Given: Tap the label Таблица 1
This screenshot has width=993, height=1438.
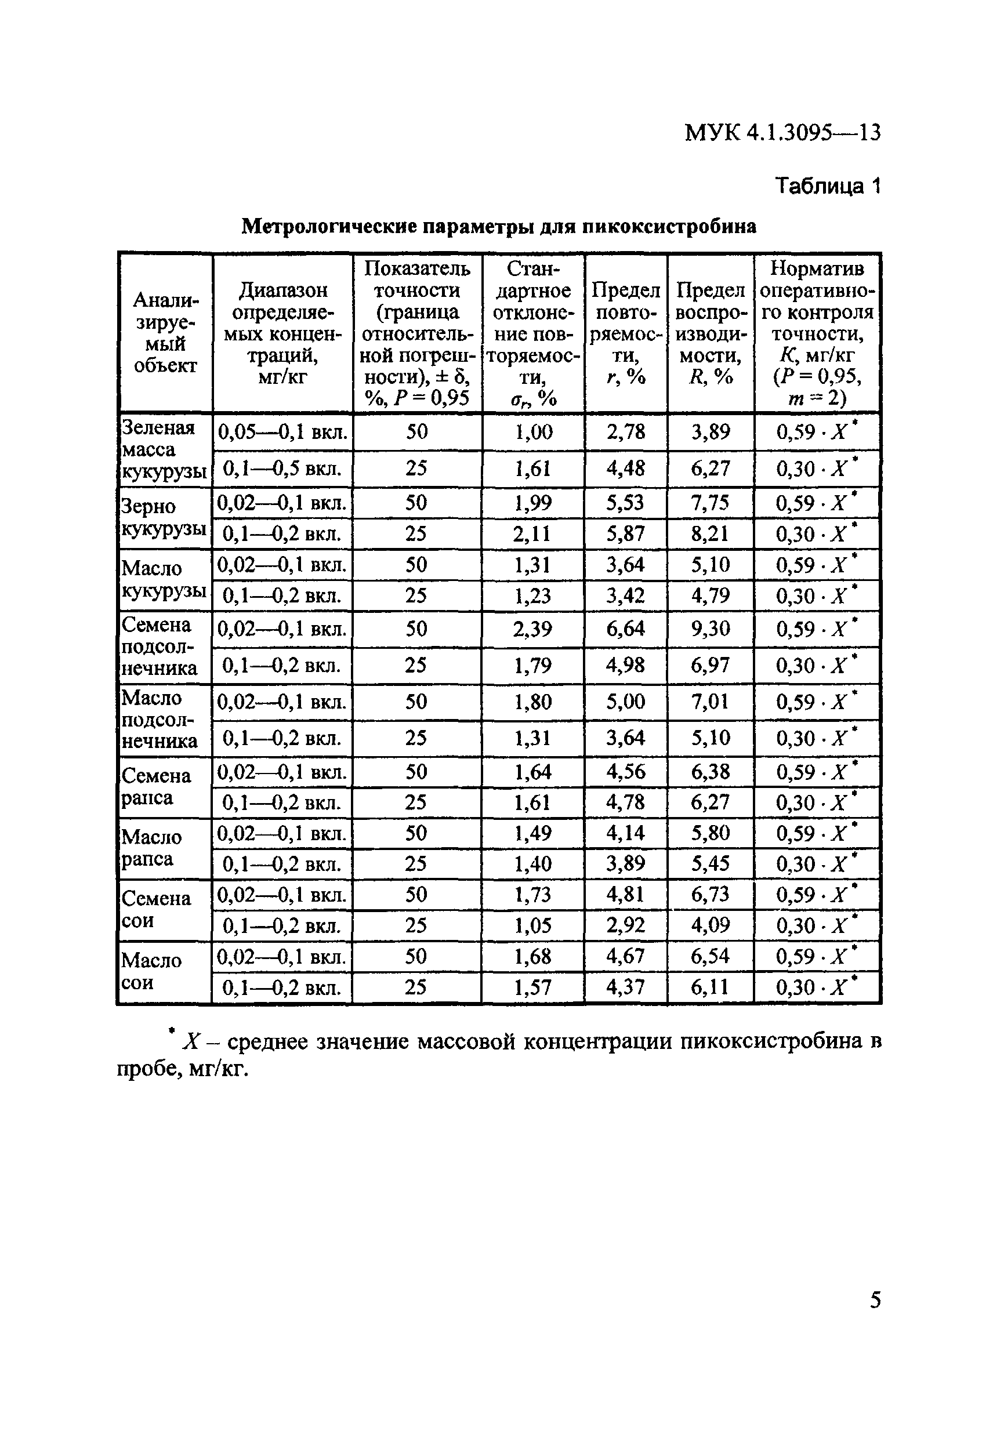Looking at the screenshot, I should click(827, 186).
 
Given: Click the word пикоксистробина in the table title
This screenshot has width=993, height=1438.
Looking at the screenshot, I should click(669, 226).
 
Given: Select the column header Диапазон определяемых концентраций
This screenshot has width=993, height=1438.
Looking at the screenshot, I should click(282, 333).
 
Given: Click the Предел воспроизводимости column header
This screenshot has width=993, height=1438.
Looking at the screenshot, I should click(710, 333).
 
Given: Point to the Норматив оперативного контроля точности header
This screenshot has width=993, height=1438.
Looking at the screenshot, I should click(816, 333).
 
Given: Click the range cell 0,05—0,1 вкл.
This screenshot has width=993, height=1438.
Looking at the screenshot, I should click(282, 433).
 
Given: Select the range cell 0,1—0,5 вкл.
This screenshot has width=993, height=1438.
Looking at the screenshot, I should click(282, 469).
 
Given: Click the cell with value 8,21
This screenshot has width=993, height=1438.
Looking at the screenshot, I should click(710, 533).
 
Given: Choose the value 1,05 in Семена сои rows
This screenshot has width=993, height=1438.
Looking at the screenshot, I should click(532, 925).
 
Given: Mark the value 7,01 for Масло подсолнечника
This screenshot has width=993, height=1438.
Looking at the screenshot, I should click(710, 702).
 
